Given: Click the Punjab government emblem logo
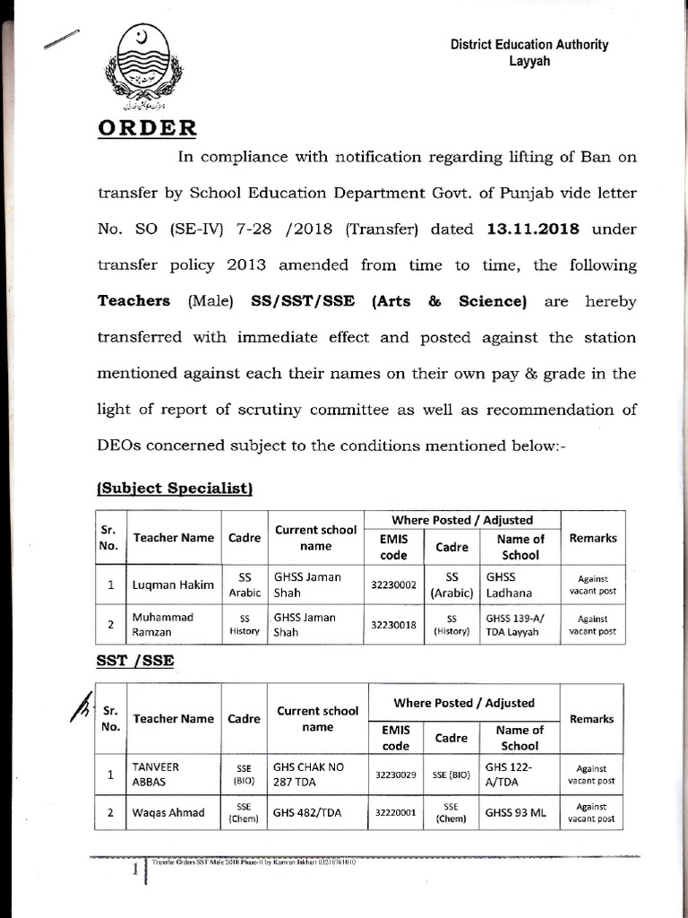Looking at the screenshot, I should tap(143, 65).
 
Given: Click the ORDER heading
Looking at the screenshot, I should tap(147, 126).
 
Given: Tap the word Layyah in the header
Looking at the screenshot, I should tap(529, 61).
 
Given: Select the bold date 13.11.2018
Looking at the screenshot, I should tap(533, 229).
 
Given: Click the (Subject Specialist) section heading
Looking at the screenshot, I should tap(175, 488).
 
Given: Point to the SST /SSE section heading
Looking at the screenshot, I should tap(135, 661).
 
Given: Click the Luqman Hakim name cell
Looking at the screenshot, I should tap(173, 585).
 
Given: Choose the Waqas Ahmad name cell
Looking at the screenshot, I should tap(168, 813).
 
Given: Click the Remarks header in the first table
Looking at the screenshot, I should tap(592, 538).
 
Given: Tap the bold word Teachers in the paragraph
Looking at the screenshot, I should tap(133, 301).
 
